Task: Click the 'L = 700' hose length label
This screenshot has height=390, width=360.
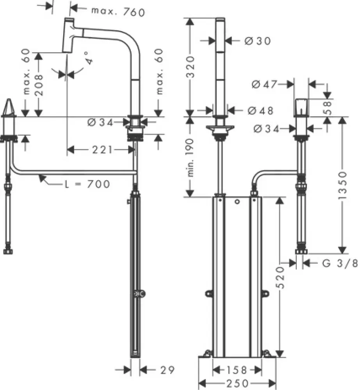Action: click(x=87, y=183)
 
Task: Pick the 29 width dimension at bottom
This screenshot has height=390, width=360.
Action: click(x=165, y=369)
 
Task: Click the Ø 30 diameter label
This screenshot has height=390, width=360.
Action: click(x=257, y=41)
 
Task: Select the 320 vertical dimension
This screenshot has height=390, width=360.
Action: click(x=190, y=66)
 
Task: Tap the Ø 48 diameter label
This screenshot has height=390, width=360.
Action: click(x=259, y=111)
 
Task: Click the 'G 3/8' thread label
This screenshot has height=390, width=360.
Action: click(x=339, y=264)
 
